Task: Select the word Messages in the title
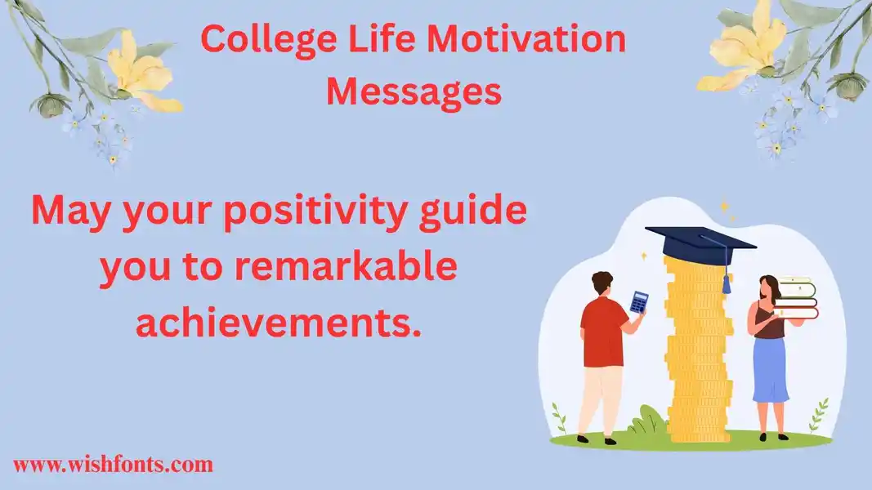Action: point(414,92)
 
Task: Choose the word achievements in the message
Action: point(278,323)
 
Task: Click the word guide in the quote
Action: point(472,212)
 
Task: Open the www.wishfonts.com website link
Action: point(113,464)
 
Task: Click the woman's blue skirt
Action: point(770,368)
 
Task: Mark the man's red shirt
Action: point(603,332)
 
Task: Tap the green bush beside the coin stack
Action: point(647,420)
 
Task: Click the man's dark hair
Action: point(601,282)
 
